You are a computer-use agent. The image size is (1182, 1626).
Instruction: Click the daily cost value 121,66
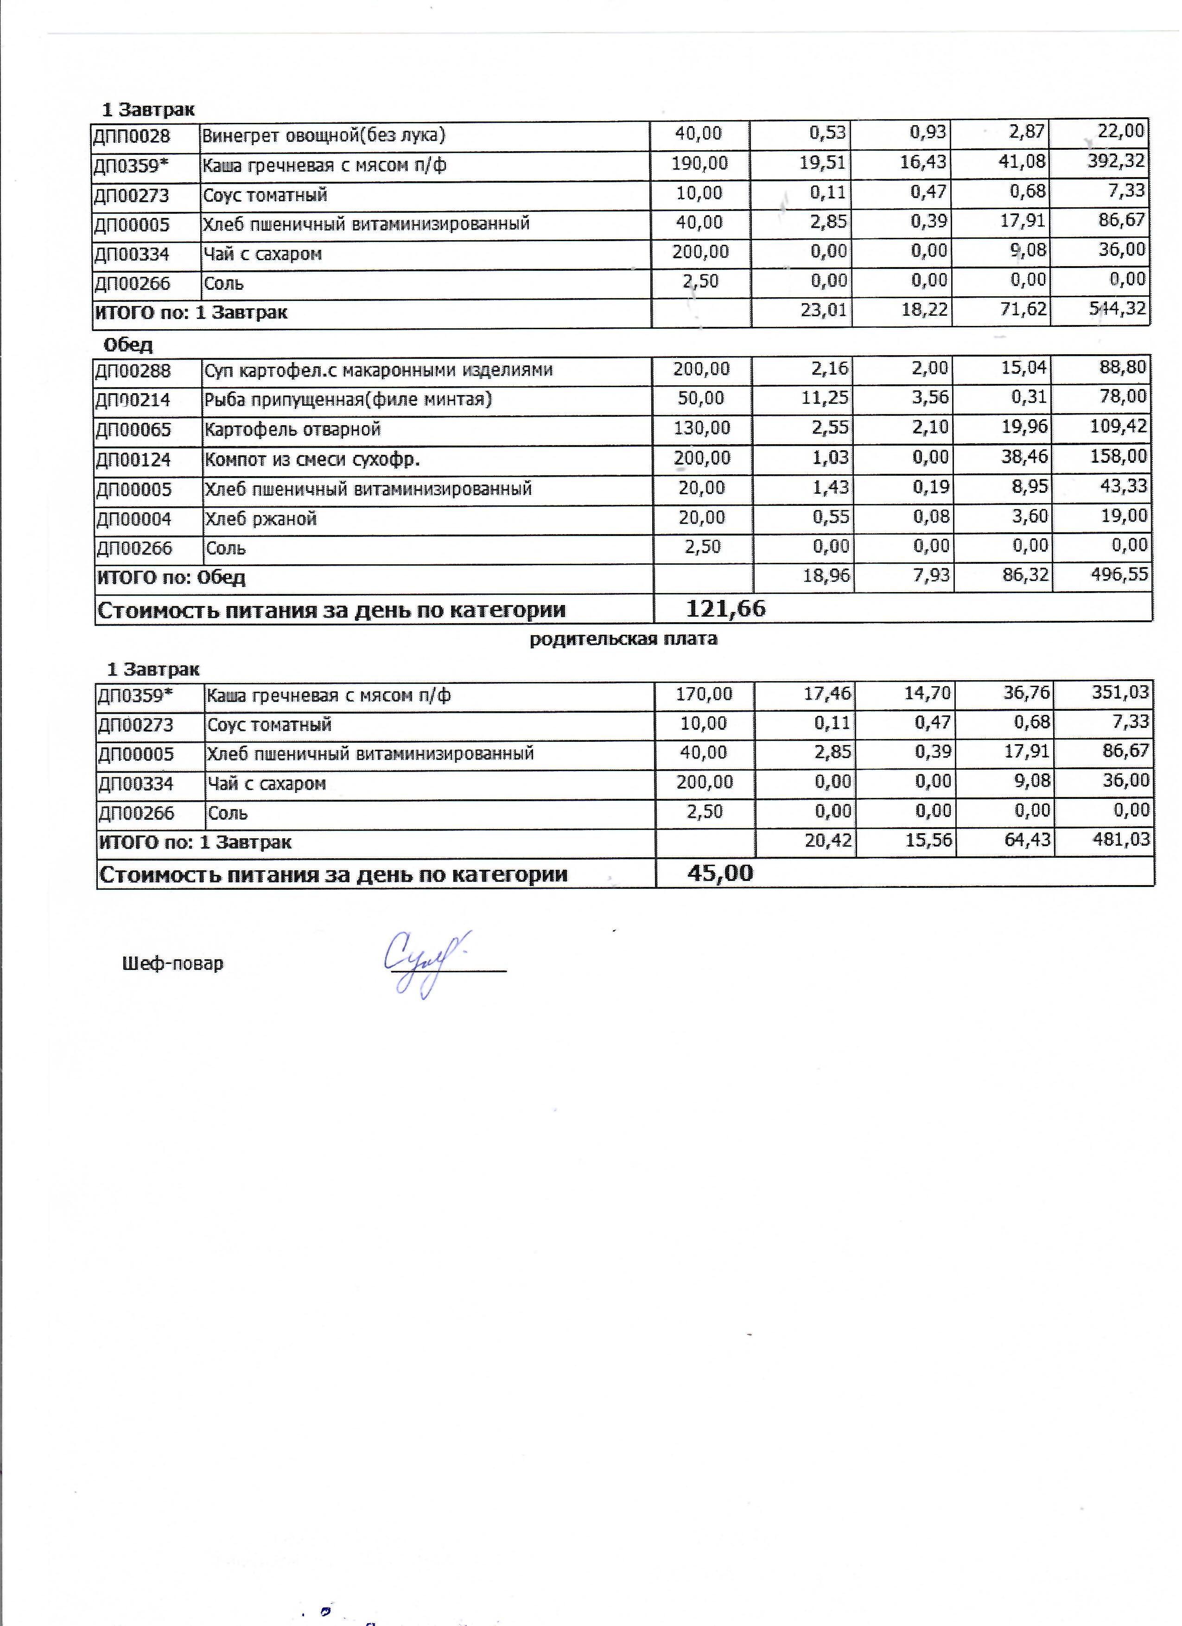click(x=725, y=609)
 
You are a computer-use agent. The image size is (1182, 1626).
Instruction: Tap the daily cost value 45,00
click(x=720, y=873)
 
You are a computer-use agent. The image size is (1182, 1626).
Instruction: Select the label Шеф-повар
click(x=173, y=963)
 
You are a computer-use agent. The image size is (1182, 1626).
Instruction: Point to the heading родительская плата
click(x=623, y=639)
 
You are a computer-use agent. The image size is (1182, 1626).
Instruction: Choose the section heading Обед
click(x=128, y=345)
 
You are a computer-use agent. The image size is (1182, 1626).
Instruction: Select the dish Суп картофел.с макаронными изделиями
click(x=378, y=370)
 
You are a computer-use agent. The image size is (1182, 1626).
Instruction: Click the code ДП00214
click(x=133, y=400)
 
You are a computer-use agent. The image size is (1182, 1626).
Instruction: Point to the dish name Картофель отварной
click(x=292, y=429)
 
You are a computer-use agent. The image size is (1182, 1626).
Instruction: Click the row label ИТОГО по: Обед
click(x=172, y=577)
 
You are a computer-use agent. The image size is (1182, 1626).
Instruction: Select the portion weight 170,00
click(x=704, y=694)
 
